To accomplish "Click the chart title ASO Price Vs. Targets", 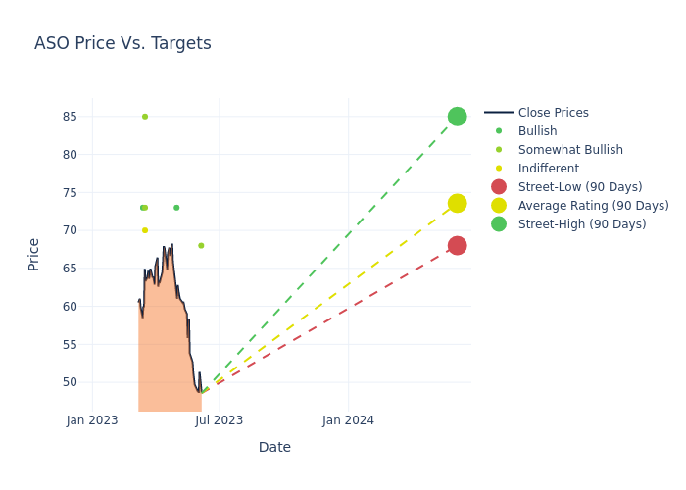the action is (122, 43).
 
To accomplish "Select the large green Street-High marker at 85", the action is (458, 117).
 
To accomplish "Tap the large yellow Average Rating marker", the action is (458, 204).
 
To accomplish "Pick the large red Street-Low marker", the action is (458, 245).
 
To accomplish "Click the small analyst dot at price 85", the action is (145, 117).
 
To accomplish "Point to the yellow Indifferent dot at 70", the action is (145, 230).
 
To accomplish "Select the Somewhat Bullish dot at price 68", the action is (201, 245).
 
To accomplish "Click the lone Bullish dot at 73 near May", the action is (176, 208).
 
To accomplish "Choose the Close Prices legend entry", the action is (536, 113).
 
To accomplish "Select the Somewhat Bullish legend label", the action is (570, 150).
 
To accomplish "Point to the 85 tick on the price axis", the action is (70, 117).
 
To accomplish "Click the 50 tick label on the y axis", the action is (70, 382).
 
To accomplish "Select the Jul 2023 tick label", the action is (220, 420).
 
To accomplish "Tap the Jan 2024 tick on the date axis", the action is (348, 420).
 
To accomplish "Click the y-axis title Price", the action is (33, 255).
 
